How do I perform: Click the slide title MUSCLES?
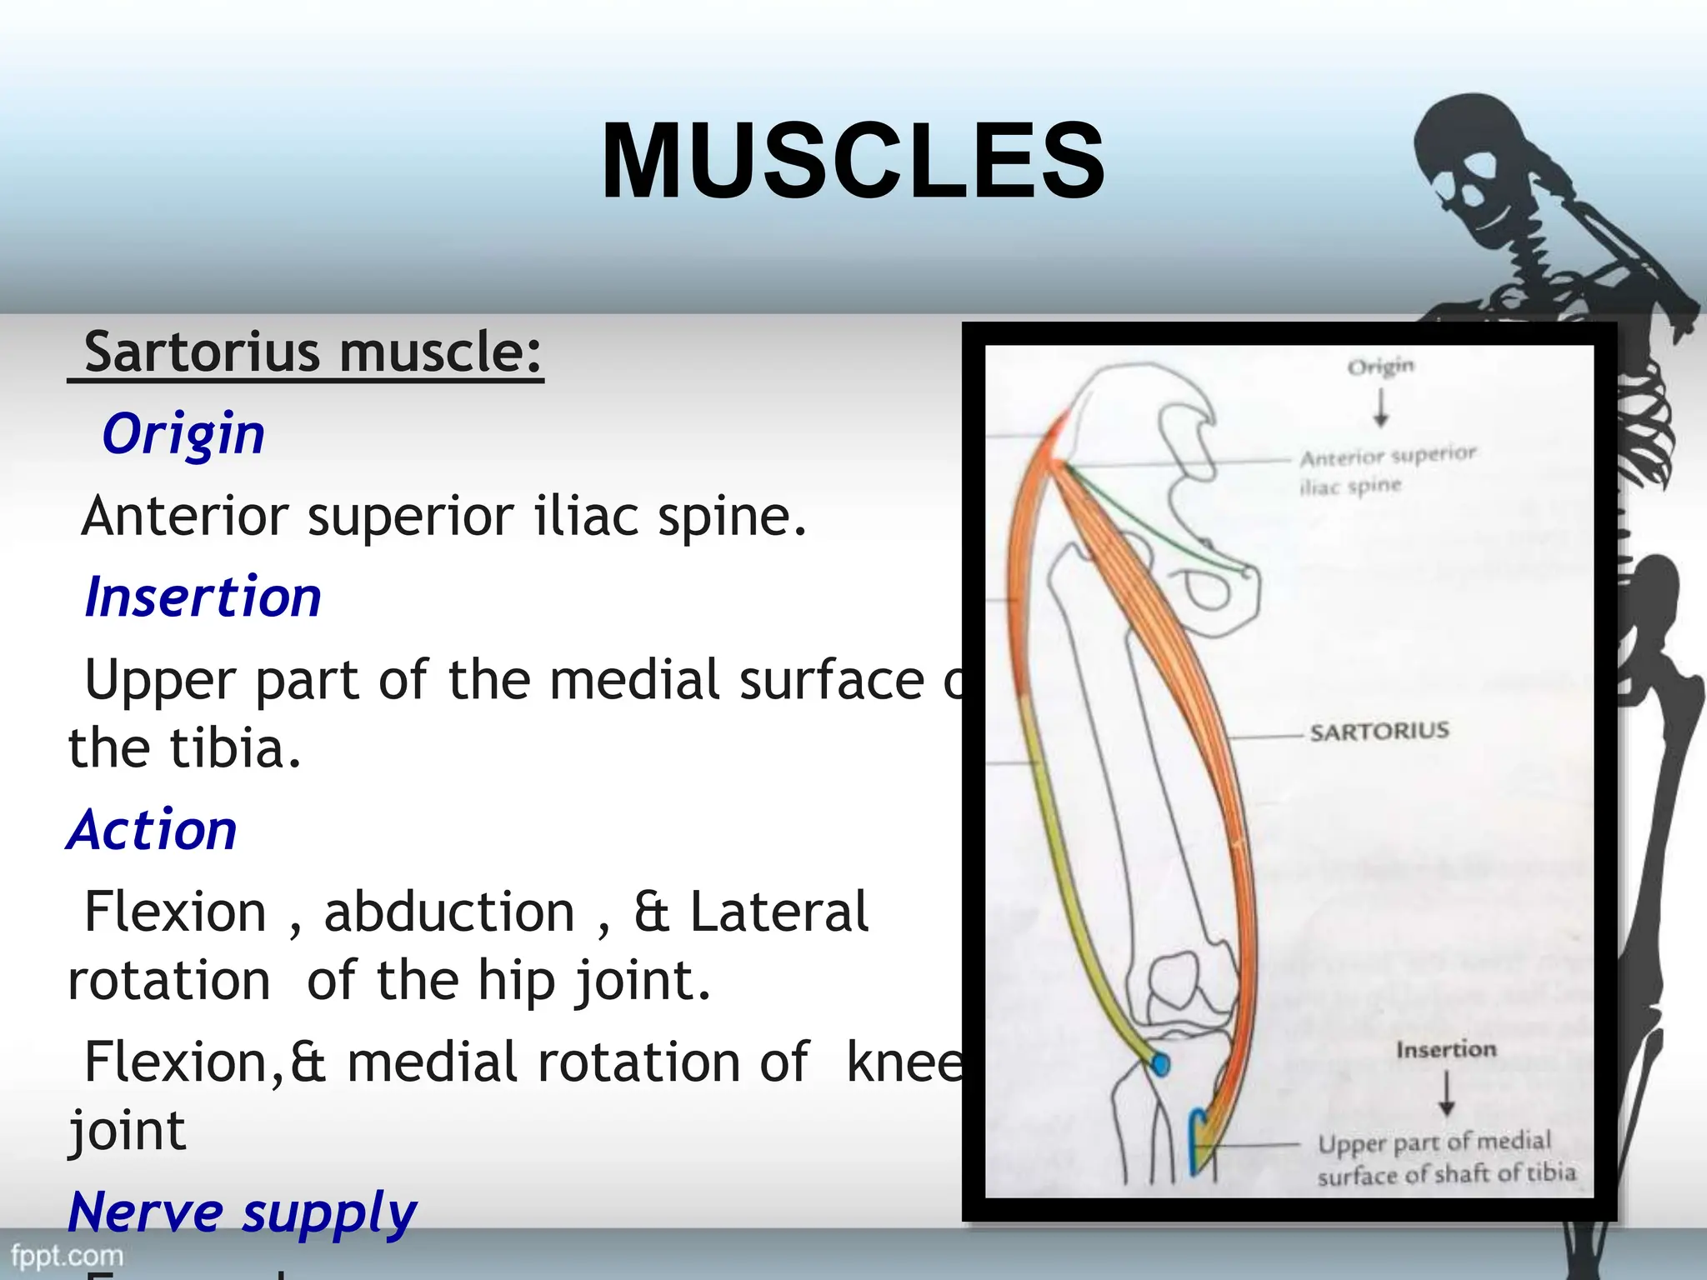tap(853, 161)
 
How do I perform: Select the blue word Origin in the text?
tap(183, 434)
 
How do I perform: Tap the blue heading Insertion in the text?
tap(203, 597)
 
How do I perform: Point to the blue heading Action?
tap(153, 830)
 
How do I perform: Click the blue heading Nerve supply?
tap(243, 1212)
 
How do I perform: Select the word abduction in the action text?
tap(449, 912)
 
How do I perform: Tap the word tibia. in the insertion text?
tap(236, 748)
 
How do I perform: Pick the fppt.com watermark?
tap(67, 1255)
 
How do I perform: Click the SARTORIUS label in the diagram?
tap(1379, 732)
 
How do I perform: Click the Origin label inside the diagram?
tap(1381, 367)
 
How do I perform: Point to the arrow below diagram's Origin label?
tap(1381, 408)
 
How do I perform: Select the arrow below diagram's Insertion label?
tap(1446, 1093)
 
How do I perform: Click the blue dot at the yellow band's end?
tap(1160, 1064)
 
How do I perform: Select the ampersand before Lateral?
tap(651, 912)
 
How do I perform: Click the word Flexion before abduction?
tap(175, 912)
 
